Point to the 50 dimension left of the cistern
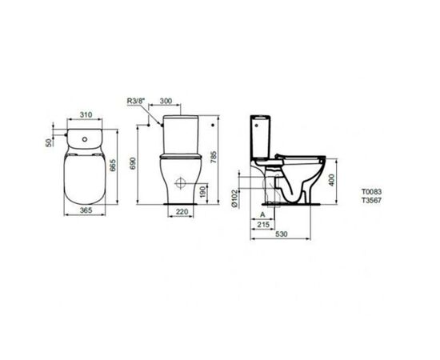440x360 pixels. (x=49, y=142)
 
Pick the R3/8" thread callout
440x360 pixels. (x=138, y=102)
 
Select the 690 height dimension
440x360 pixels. (x=143, y=162)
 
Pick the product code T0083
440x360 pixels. (x=372, y=193)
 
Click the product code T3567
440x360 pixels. (x=372, y=202)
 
